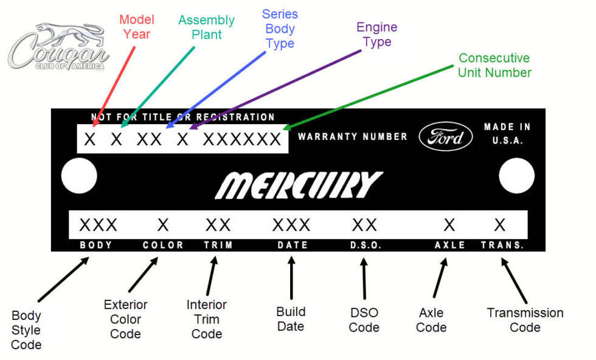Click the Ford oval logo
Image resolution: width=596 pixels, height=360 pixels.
[445, 137]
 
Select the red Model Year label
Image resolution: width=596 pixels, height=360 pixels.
[136, 27]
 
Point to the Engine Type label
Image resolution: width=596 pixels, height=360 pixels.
[376, 35]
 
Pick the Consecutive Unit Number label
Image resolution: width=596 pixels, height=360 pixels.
[494, 66]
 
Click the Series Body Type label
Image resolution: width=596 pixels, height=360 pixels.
[280, 29]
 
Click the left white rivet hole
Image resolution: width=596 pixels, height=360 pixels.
[79, 176]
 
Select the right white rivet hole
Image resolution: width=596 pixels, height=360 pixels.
[516, 176]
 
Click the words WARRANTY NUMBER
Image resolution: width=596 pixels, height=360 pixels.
[352, 137]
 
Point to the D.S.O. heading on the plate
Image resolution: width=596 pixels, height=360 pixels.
[365, 245]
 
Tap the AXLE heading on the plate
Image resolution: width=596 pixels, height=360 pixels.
[449, 245]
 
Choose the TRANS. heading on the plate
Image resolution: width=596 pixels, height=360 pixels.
[502, 245]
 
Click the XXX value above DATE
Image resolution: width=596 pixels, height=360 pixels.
[291, 225]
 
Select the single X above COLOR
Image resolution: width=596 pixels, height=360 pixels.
[163, 225]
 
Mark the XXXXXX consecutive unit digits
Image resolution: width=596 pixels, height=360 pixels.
[242, 139]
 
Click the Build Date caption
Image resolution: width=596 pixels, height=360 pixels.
[291, 319]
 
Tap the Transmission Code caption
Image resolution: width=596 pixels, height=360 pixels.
[525, 320]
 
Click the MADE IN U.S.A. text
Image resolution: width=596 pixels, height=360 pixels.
[507, 133]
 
